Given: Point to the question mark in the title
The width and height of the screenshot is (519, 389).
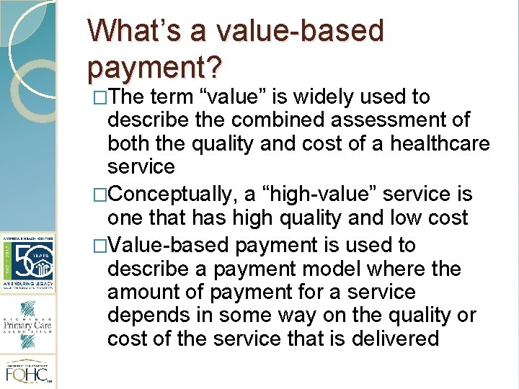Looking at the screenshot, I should click(x=214, y=67).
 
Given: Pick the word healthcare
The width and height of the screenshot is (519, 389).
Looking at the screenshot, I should click(x=440, y=143).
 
